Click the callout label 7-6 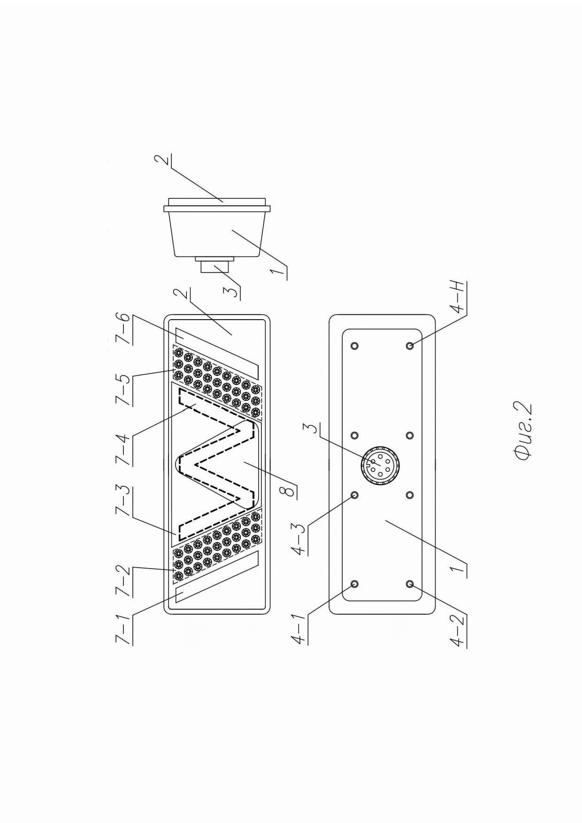coord(124,329)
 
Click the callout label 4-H coord(460,298)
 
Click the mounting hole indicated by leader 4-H coord(410,345)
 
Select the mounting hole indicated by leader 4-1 coord(354,584)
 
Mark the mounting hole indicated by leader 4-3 coord(354,495)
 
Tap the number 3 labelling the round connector coord(310,429)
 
